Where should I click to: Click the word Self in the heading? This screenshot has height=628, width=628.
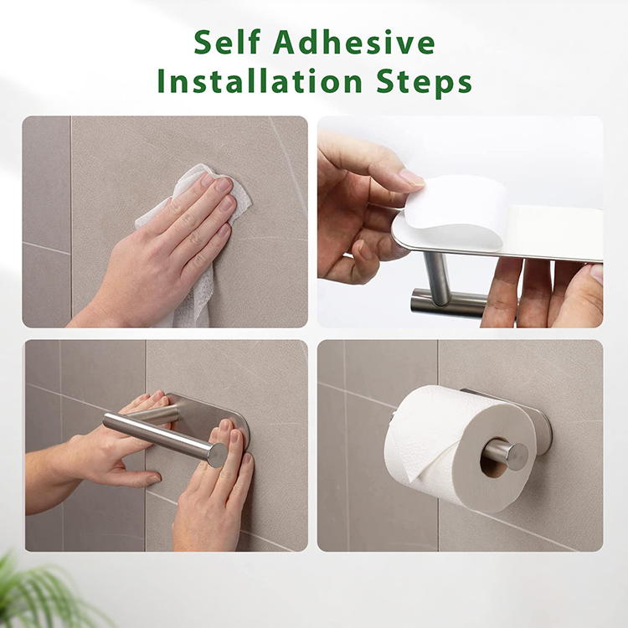pyautogui.click(x=227, y=42)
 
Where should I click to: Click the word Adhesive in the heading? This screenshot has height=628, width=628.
pyautogui.click(x=354, y=42)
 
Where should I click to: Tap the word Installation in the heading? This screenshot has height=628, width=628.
pyautogui.click(x=260, y=81)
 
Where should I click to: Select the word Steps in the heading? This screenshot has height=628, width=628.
pyautogui.click(x=424, y=83)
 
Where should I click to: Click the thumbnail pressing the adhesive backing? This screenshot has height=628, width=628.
pyautogui.click(x=410, y=177)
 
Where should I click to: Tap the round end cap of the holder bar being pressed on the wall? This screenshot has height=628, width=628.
pyautogui.click(x=218, y=456)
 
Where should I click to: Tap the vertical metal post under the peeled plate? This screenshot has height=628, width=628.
pyautogui.click(x=436, y=276)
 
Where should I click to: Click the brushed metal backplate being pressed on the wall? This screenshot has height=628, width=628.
pyautogui.click(x=208, y=413)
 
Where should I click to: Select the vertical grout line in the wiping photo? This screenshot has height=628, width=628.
pyautogui.click(x=71, y=216)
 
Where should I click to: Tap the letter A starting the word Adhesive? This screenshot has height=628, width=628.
pyautogui.click(x=286, y=43)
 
